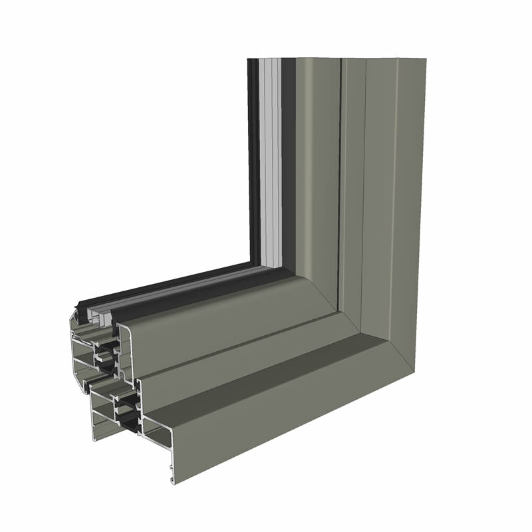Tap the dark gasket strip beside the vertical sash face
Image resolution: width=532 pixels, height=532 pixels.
(x=288, y=160)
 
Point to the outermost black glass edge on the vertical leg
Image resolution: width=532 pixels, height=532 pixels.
(x=251, y=160)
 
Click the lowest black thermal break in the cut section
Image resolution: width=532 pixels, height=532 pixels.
(x=126, y=419)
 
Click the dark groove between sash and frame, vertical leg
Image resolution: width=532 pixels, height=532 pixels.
(x=340, y=166)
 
